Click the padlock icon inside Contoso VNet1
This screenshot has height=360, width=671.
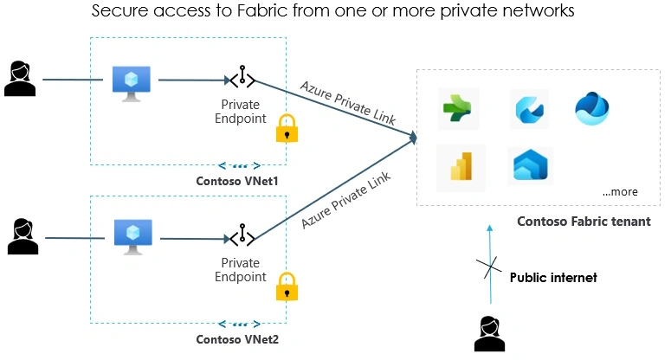287,128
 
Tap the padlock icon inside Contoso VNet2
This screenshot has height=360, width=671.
287,286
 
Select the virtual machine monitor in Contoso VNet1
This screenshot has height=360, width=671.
132,84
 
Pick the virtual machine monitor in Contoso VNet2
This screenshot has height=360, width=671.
133,237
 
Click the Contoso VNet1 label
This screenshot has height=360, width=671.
237,181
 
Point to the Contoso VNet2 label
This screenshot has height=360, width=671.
237,339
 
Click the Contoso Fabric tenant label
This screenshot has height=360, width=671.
584,222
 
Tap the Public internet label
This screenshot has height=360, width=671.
553,278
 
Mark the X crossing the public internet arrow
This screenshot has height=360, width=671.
489,267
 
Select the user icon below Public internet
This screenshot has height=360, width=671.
489,334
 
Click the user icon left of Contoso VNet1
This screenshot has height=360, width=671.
20,79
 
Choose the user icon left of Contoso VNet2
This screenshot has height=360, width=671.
23,236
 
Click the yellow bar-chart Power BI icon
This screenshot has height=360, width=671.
461,167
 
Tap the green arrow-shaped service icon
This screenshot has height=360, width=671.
457,108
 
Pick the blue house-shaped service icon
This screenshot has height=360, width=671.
530,165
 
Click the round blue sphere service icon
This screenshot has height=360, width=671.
592,108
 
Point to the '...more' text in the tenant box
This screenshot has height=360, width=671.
620,192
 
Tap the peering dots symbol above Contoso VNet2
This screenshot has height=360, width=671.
239,324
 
